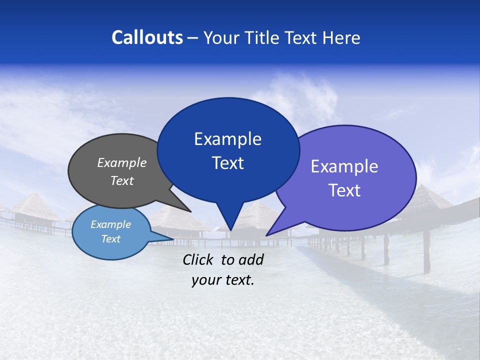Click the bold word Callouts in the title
[x=147, y=37]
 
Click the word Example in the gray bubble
[x=122, y=162]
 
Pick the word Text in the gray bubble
[x=122, y=180]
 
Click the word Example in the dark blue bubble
[x=227, y=139]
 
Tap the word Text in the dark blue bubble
[x=227, y=163]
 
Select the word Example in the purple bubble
[x=344, y=166]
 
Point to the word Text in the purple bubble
[x=344, y=190]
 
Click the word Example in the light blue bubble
[x=111, y=224]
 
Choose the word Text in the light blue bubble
[x=111, y=239]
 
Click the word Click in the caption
[x=199, y=259]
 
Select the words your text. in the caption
[x=223, y=280]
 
